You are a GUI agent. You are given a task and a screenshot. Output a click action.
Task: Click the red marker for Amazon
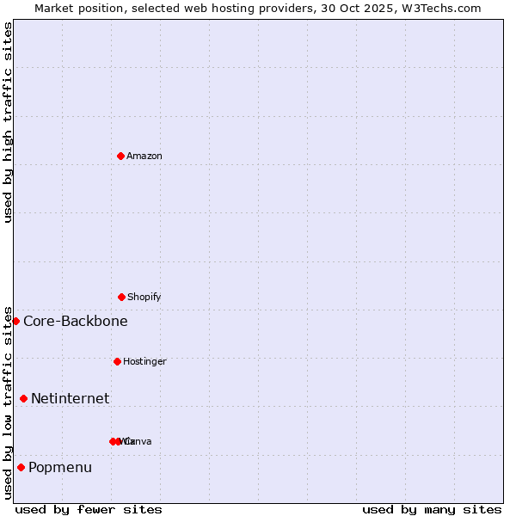pyautogui.click(x=121, y=156)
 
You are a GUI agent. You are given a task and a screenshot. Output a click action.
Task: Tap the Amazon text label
pyautogui.click(x=144, y=156)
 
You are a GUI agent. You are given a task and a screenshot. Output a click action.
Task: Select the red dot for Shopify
pyautogui.click(x=121, y=297)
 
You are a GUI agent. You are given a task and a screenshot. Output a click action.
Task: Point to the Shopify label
pyautogui.click(x=144, y=297)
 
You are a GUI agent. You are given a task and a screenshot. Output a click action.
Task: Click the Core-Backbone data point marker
pyautogui.click(x=15, y=321)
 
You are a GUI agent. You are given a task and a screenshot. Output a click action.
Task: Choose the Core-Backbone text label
pyautogui.click(x=76, y=321)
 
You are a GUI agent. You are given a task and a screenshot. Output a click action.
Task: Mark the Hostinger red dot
pyautogui.click(x=117, y=361)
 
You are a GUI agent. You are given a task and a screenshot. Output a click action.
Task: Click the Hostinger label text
pyautogui.click(x=144, y=361)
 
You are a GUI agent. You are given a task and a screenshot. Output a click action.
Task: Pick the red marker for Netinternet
pyautogui.click(x=23, y=398)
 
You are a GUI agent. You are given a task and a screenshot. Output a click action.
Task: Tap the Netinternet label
pyautogui.click(x=70, y=398)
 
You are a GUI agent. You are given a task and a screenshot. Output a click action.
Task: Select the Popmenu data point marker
pyautogui.click(x=21, y=467)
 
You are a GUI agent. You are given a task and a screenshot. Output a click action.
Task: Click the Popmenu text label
pyautogui.click(x=60, y=467)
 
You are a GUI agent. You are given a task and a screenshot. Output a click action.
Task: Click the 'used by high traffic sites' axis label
pyautogui.click(x=8, y=122)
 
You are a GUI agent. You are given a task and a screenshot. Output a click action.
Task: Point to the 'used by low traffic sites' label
pyautogui.click(x=8, y=402)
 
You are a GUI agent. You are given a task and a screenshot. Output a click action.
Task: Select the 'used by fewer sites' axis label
pyautogui.click(x=89, y=509)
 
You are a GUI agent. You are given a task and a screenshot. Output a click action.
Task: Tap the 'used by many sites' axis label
pyautogui.click(x=432, y=509)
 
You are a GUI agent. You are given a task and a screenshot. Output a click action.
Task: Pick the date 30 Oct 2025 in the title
pyautogui.click(x=369, y=8)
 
